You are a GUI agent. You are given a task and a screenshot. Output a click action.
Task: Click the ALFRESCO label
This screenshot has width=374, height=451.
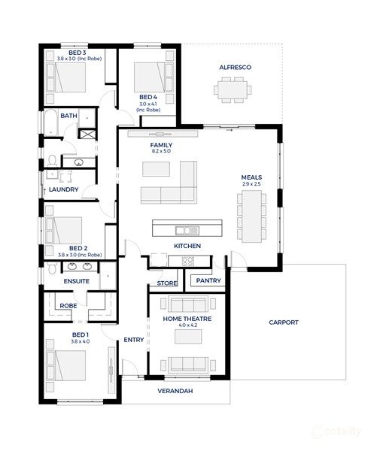(235, 68)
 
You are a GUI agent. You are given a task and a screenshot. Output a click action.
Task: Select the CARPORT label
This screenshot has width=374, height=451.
(283, 322)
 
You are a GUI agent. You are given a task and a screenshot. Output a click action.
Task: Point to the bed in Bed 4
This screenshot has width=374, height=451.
(151, 77)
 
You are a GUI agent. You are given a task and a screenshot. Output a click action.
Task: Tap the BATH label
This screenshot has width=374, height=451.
(69, 116)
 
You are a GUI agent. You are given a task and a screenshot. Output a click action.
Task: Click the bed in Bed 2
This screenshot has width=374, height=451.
(67, 229)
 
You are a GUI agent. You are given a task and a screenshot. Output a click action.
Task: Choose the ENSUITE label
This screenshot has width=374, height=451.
(76, 281)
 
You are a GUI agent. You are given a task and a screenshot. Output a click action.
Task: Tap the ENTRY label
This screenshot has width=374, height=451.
(134, 340)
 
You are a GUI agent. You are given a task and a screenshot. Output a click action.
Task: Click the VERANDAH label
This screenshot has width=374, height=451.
(175, 392)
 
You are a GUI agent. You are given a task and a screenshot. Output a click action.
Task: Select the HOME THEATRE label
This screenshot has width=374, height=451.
(187, 319)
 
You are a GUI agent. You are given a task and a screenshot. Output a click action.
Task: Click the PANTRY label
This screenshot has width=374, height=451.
(208, 280)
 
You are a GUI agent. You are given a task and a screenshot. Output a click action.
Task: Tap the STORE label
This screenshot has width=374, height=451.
(166, 283)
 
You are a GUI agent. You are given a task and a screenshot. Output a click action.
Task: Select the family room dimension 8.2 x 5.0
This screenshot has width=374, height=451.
(161, 151)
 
